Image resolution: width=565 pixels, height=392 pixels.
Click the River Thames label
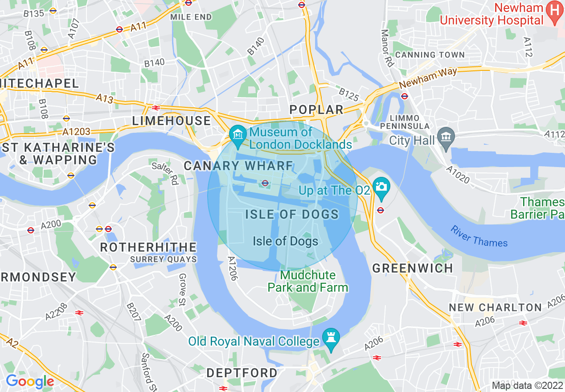[479, 237]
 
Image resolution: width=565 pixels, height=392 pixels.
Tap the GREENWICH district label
[413, 268]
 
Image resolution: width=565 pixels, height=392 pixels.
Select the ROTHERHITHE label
[148, 247]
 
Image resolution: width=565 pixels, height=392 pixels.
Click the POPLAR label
[316, 110]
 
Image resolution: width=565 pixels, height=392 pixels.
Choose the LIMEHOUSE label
[172, 121]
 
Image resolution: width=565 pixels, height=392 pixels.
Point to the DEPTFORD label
[242, 372]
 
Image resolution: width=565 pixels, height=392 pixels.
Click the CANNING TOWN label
[430, 55]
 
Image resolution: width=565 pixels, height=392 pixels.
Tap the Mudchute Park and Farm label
[307, 281]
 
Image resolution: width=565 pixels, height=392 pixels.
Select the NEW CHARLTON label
[495, 307]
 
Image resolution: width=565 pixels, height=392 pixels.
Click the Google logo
[30, 381]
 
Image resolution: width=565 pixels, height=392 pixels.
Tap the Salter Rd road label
[165, 173]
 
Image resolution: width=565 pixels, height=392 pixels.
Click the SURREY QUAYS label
[164, 259]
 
